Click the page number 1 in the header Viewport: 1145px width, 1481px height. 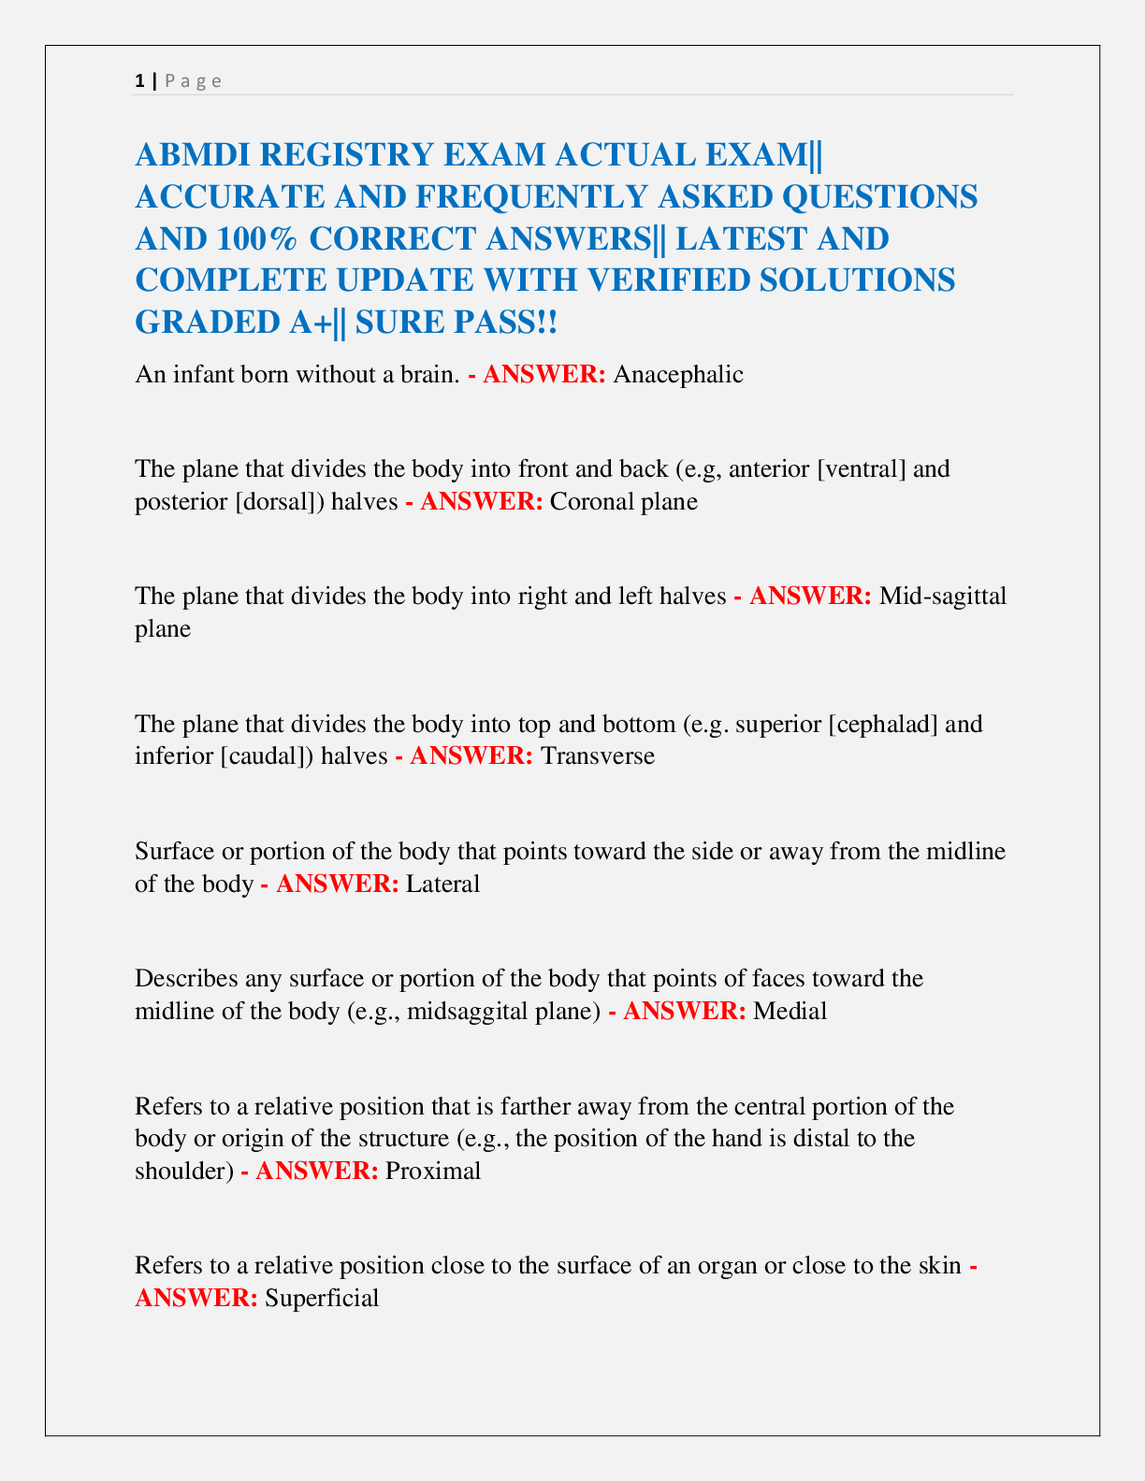[139, 80]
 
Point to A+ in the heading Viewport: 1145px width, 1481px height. [300, 323]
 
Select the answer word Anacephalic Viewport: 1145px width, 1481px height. [678, 375]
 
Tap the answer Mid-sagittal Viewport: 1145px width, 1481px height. [943, 596]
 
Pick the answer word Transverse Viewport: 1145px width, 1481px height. [598, 755]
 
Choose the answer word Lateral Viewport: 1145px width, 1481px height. [442, 884]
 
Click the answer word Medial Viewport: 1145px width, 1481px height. [790, 1011]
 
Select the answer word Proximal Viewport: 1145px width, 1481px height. [433, 1171]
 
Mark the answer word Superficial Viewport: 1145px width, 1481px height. [322, 1298]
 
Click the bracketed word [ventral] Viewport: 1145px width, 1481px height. [862, 468]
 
